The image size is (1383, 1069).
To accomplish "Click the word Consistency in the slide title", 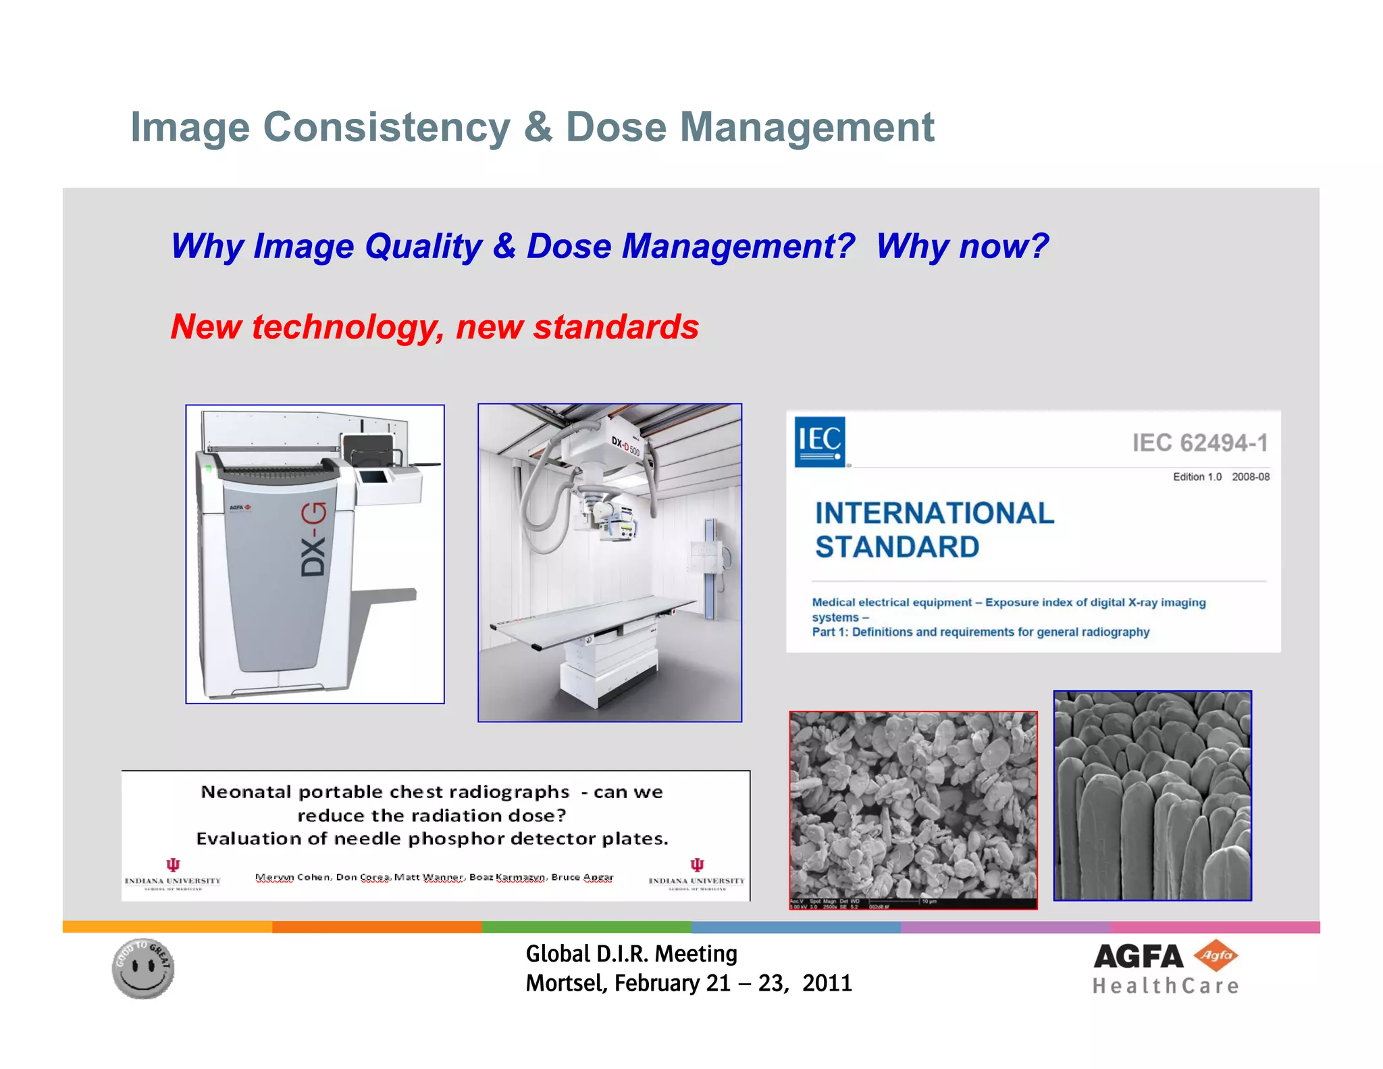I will click(x=387, y=128).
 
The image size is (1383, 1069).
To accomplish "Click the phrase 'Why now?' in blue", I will click(x=962, y=246).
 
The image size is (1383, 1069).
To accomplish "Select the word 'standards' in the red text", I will click(x=615, y=327).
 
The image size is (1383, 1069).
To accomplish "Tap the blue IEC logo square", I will click(x=819, y=442).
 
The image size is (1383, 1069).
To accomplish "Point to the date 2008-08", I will click(x=1250, y=477).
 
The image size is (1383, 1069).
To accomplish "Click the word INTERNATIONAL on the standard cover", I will click(x=934, y=514).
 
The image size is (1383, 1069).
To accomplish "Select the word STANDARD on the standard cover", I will click(x=897, y=547).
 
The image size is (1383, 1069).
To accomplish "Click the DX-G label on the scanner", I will click(x=313, y=539).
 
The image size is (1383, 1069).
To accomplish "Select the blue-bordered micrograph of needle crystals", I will click(x=1152, y=795).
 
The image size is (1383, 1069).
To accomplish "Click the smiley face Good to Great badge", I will click(x=143, y=968).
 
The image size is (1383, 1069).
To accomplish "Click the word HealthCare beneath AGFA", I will click(x=1166, y=987).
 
